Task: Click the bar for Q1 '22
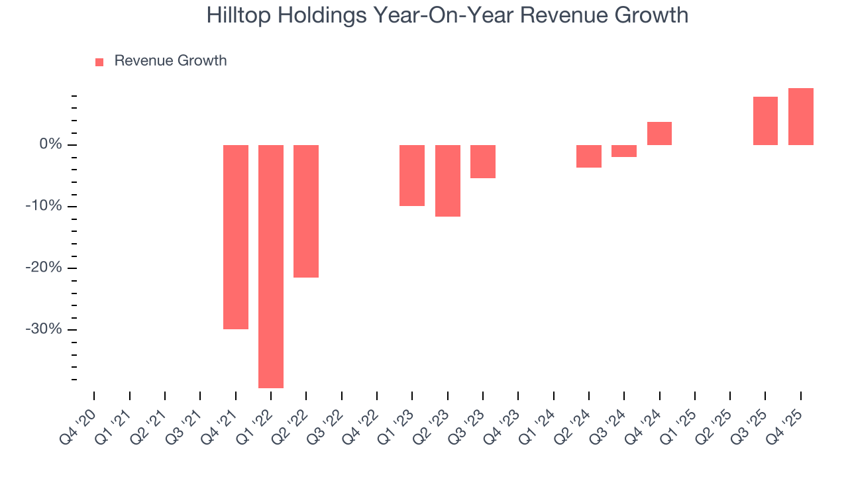(x=271, y=266)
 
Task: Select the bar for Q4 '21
(x=236, y=237)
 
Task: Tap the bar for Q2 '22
(x=306, y=211)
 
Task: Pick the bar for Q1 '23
(x=412, y=176)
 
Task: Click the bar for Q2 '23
(x=448, y=181)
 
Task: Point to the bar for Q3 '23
(x=483, y=162)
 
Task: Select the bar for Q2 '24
(x=589, y=156)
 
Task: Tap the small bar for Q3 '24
(x=624, y=151)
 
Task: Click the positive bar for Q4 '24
(x=659, y=133)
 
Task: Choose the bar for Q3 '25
(x=765, y=121)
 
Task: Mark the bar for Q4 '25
(x=801, y=117)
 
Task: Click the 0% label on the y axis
(x=51, y=144)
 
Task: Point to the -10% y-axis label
(x=45, y=206)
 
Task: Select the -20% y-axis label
(x=45, y=268)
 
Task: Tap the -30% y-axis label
(x=45, y=329)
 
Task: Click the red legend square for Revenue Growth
(x=99, y=62)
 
